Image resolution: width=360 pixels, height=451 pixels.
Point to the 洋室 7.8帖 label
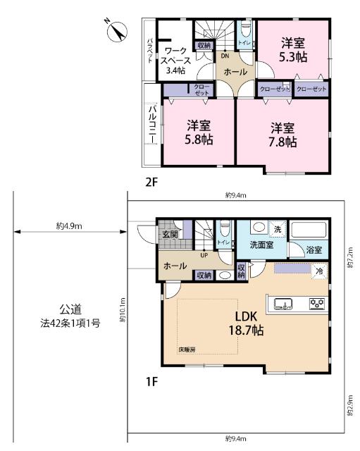coord(282,135)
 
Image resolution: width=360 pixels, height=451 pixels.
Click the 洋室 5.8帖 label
coord(199,132)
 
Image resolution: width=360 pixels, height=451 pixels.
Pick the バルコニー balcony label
coord(151,124)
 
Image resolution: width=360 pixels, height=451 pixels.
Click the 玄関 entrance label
coord(170,235)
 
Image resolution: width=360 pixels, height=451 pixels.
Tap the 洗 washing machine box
coord(278,229)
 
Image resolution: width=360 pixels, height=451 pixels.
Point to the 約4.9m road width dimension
coord(70,226)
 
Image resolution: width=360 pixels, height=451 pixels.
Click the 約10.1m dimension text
coord(123,309)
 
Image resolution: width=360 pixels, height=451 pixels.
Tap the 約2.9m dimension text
coord(349,406)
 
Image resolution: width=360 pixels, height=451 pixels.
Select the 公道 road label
coord(70,309)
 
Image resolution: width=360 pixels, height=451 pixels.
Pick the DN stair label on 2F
coord(224,56)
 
